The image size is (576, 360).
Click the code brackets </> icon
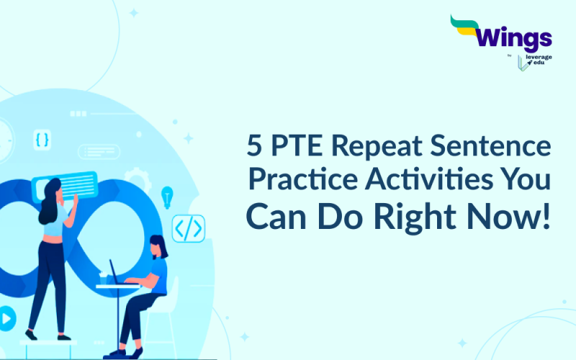[x=188, y=228]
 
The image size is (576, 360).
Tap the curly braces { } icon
[x=42, y=139]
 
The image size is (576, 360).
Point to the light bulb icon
[x=167, y=196]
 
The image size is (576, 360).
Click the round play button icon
[x=6, y=317]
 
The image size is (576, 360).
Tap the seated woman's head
[x=159, y=247]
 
